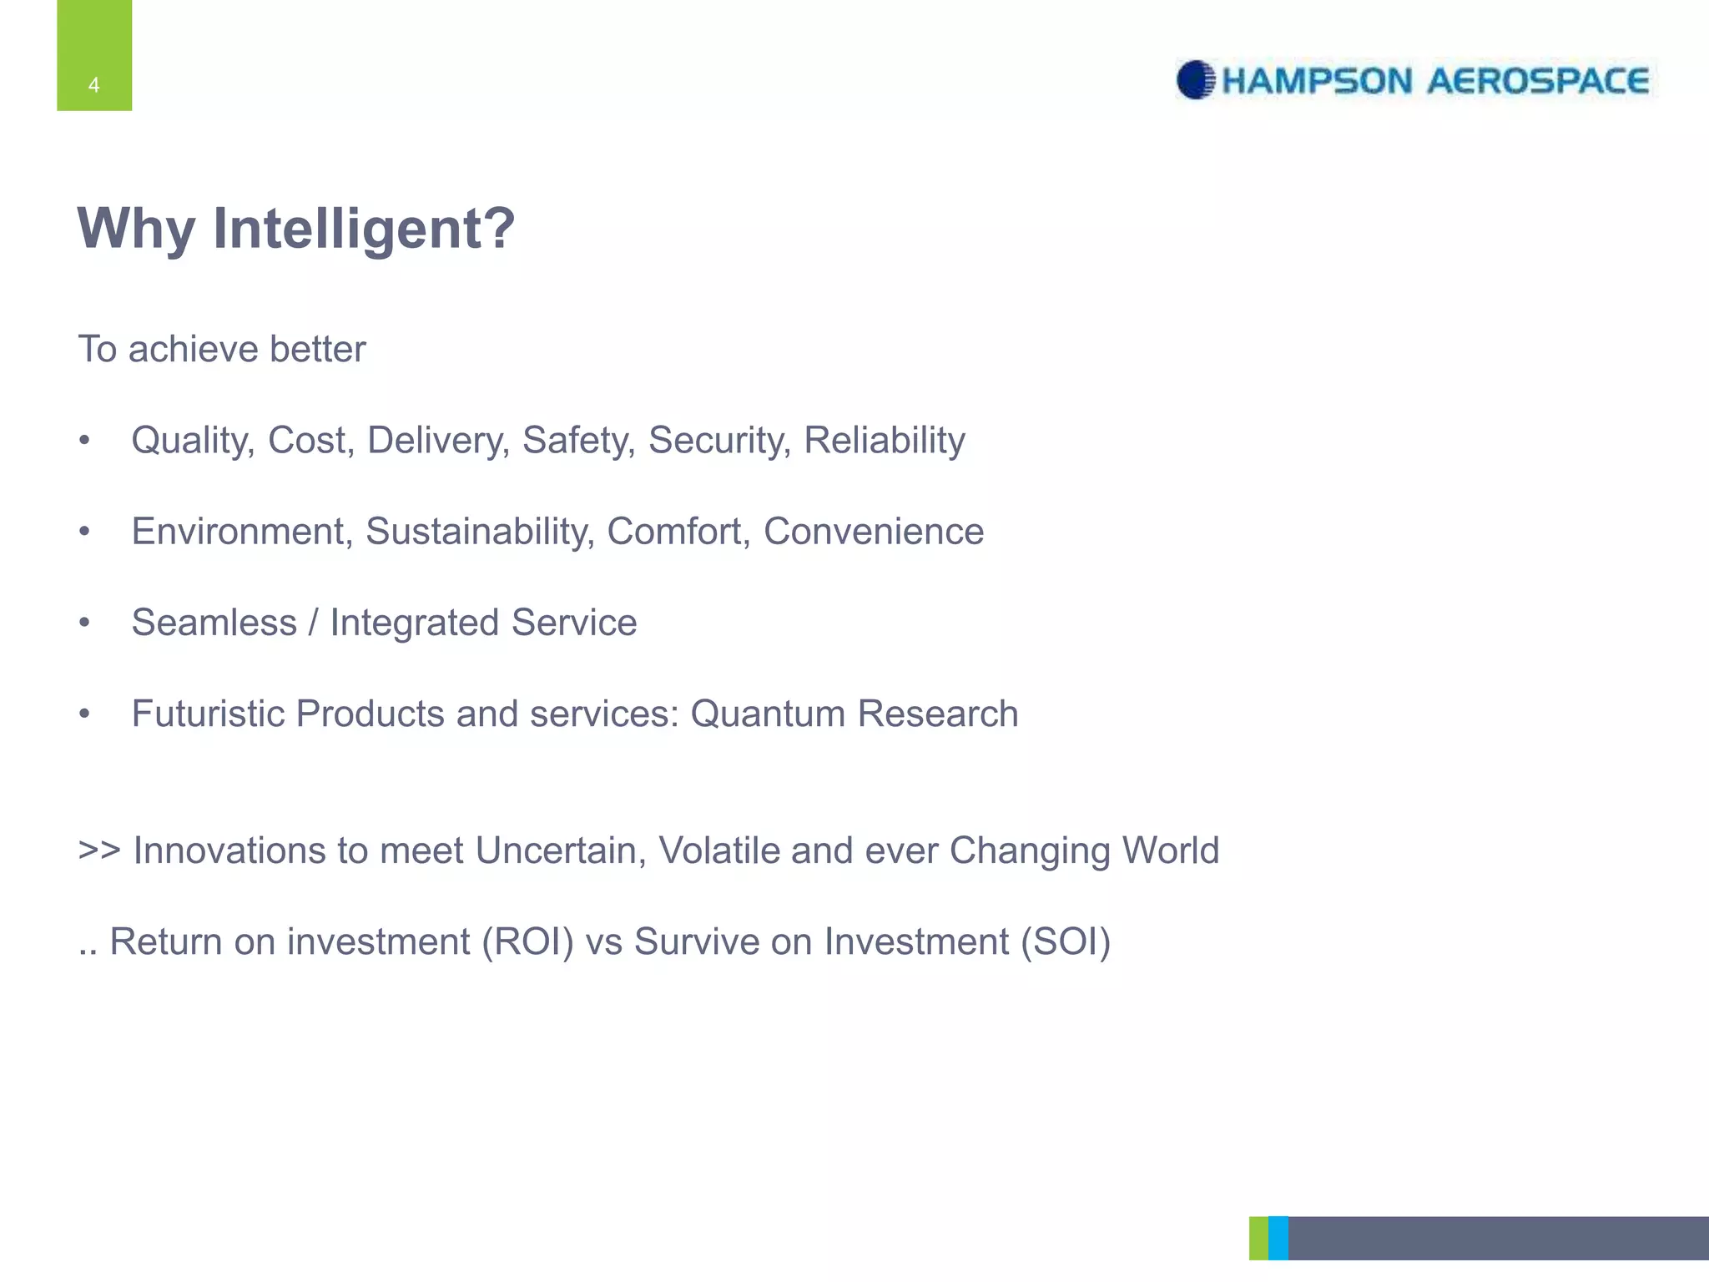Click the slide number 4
[x=93, y=85]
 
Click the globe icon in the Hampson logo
[x=1196, y=80]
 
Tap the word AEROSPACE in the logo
[x=1537, y=81]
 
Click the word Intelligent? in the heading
[x=364, y=228]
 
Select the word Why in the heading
[x=136, y=228]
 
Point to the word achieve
[x=181, y=349]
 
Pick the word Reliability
[x=884, y=440]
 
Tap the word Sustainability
[x=480, y=531]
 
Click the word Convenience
[x=873, y=531]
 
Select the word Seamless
[x=214, y=623]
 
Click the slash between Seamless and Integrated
[x=313, y=623]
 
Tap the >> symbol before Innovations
[x=99, y=850]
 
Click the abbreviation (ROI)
[x=527, y=941]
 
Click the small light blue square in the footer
[x=1278, y=1238]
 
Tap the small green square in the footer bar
[x=1258, y=1238]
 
